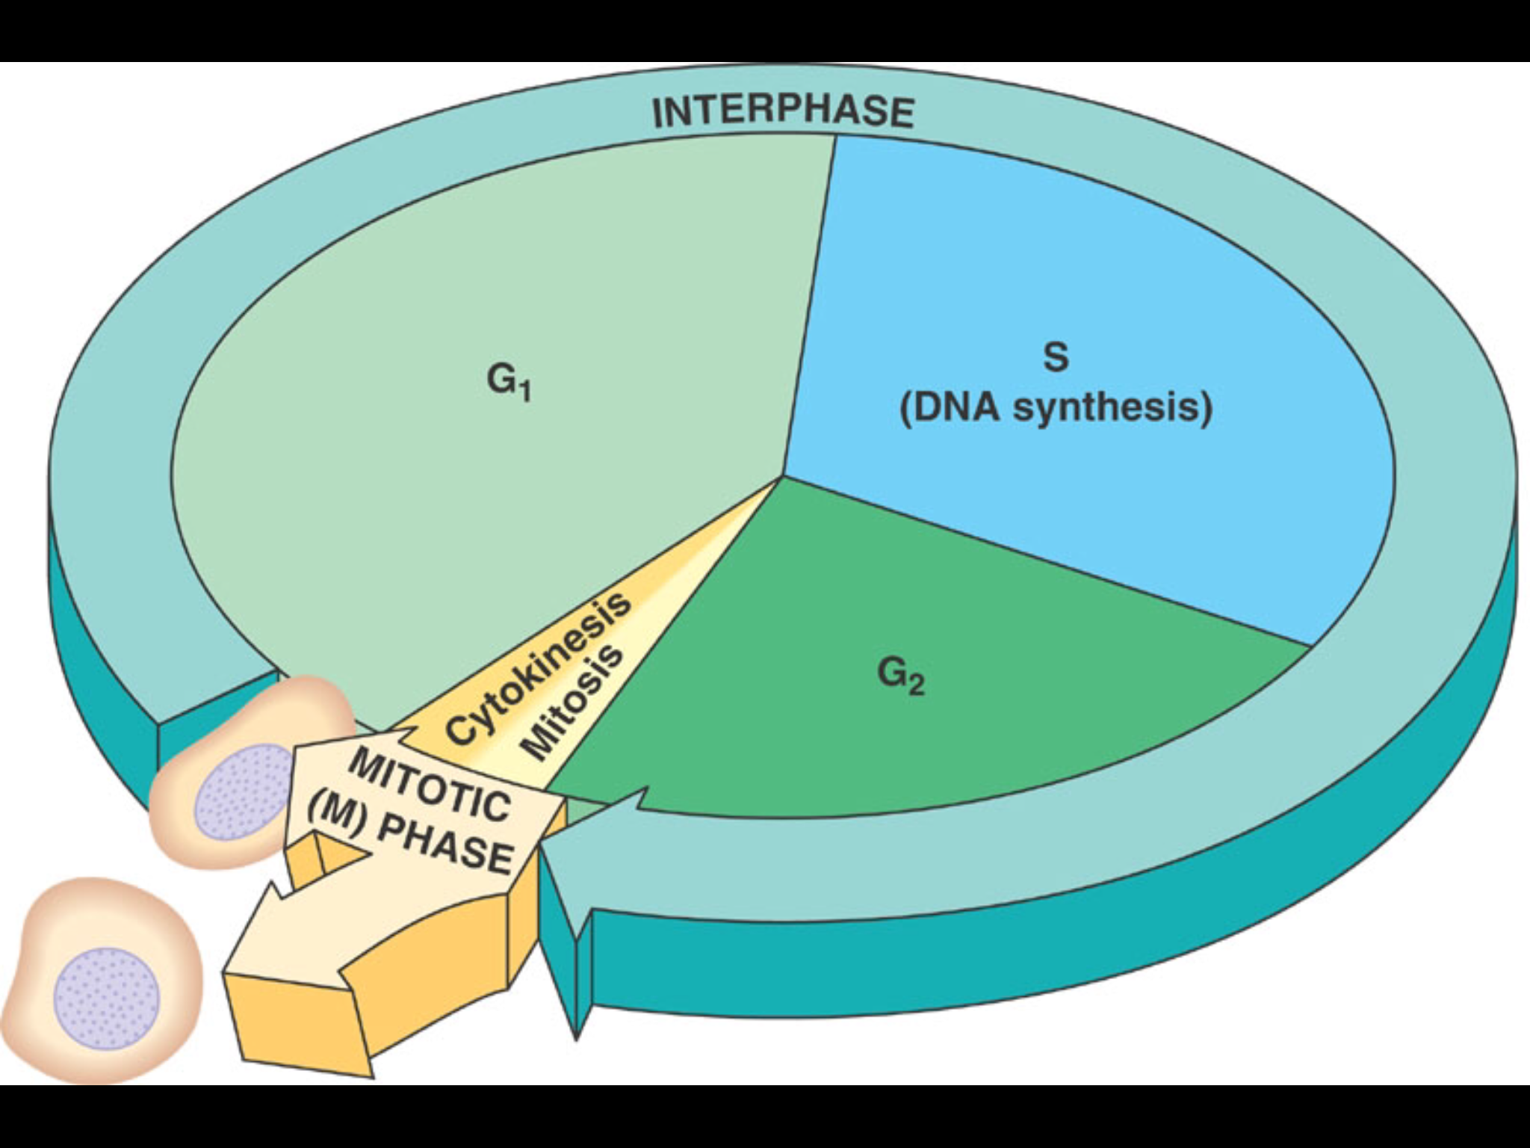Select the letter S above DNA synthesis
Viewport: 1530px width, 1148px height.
point(1055,357)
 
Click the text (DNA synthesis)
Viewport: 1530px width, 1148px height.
point(1055,409)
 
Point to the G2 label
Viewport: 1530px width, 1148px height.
point(901,676)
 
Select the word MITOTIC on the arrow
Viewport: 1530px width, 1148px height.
point(430,784)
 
